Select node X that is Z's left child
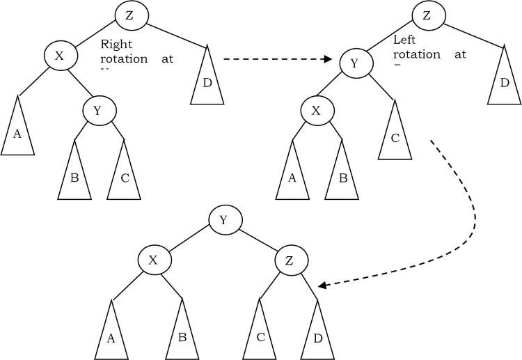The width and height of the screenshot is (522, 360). tap(59, 56)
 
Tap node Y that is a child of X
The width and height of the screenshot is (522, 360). tap(100, 109)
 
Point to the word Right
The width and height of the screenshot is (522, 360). tap(116, 44)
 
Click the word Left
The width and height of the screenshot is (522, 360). tap(405, 40)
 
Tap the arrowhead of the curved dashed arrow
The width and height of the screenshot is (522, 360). tap(322, 285)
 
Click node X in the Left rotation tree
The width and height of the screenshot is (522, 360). tap(317, 110)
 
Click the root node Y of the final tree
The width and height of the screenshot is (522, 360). tap(225, 220)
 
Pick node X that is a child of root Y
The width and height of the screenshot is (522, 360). tap(154, 260)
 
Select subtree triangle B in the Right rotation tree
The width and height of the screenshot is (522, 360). tap(74, 175)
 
